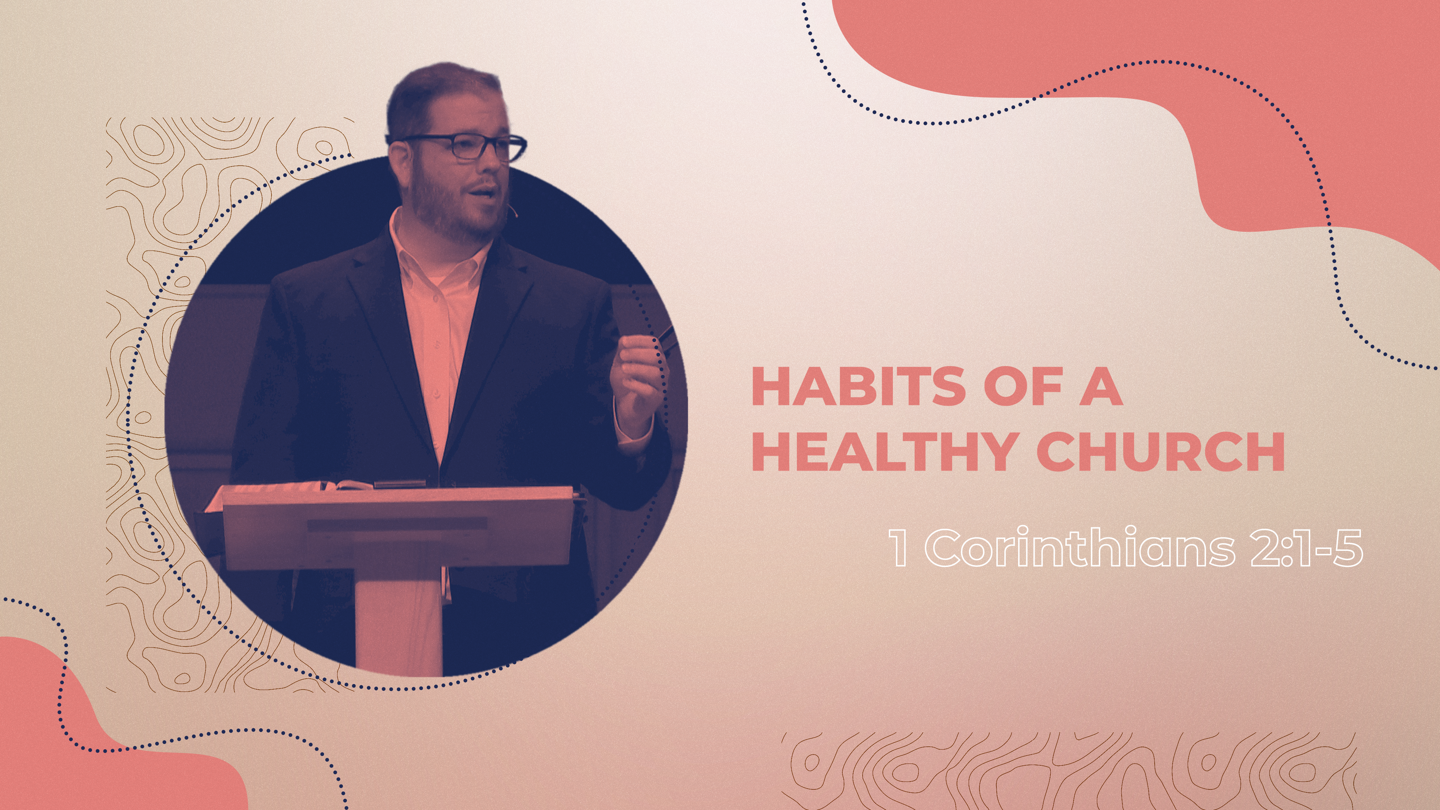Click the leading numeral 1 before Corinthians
pos(900,548)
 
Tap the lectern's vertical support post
pos(398,621)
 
